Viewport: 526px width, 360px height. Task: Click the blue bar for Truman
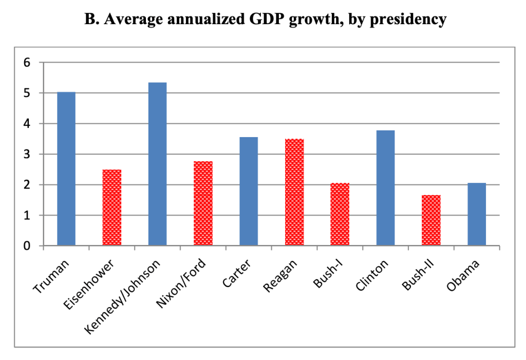tap(66, 169)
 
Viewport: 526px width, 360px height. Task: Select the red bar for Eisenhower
tap(112, 207)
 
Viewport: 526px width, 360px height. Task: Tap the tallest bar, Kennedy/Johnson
tap(157, 164)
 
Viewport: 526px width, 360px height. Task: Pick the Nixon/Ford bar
tap(203, 203)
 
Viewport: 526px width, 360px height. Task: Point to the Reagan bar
tap(294, 193)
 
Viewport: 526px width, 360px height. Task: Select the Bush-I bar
tap(340, 214)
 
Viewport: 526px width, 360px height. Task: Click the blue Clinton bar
tap(385, 188)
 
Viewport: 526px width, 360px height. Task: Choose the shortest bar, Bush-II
tap(431, 220)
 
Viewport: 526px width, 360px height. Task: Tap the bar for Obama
tap(477, 214)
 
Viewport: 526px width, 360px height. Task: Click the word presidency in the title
tap(401, 20)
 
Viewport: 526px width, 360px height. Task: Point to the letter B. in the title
tap(90, 20)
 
